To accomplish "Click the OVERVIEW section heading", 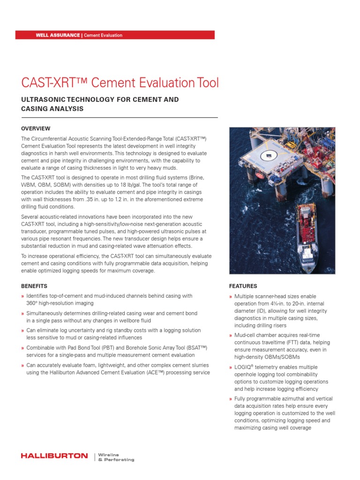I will tap(36, 128).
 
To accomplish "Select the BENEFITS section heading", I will tap(34, 286).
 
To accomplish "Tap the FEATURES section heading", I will tap(243, 286).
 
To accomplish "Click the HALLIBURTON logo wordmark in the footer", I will tap(54, 456).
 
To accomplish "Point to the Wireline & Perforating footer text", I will tap(116, 457).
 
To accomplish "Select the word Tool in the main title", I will tap(206, 83).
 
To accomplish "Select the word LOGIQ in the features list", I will tap(243, 367).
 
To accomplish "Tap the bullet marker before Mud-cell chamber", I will tap(231, 336).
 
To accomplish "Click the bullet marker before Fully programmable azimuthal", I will tap(231, 399).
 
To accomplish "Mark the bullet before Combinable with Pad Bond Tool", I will tap(22, 348).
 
